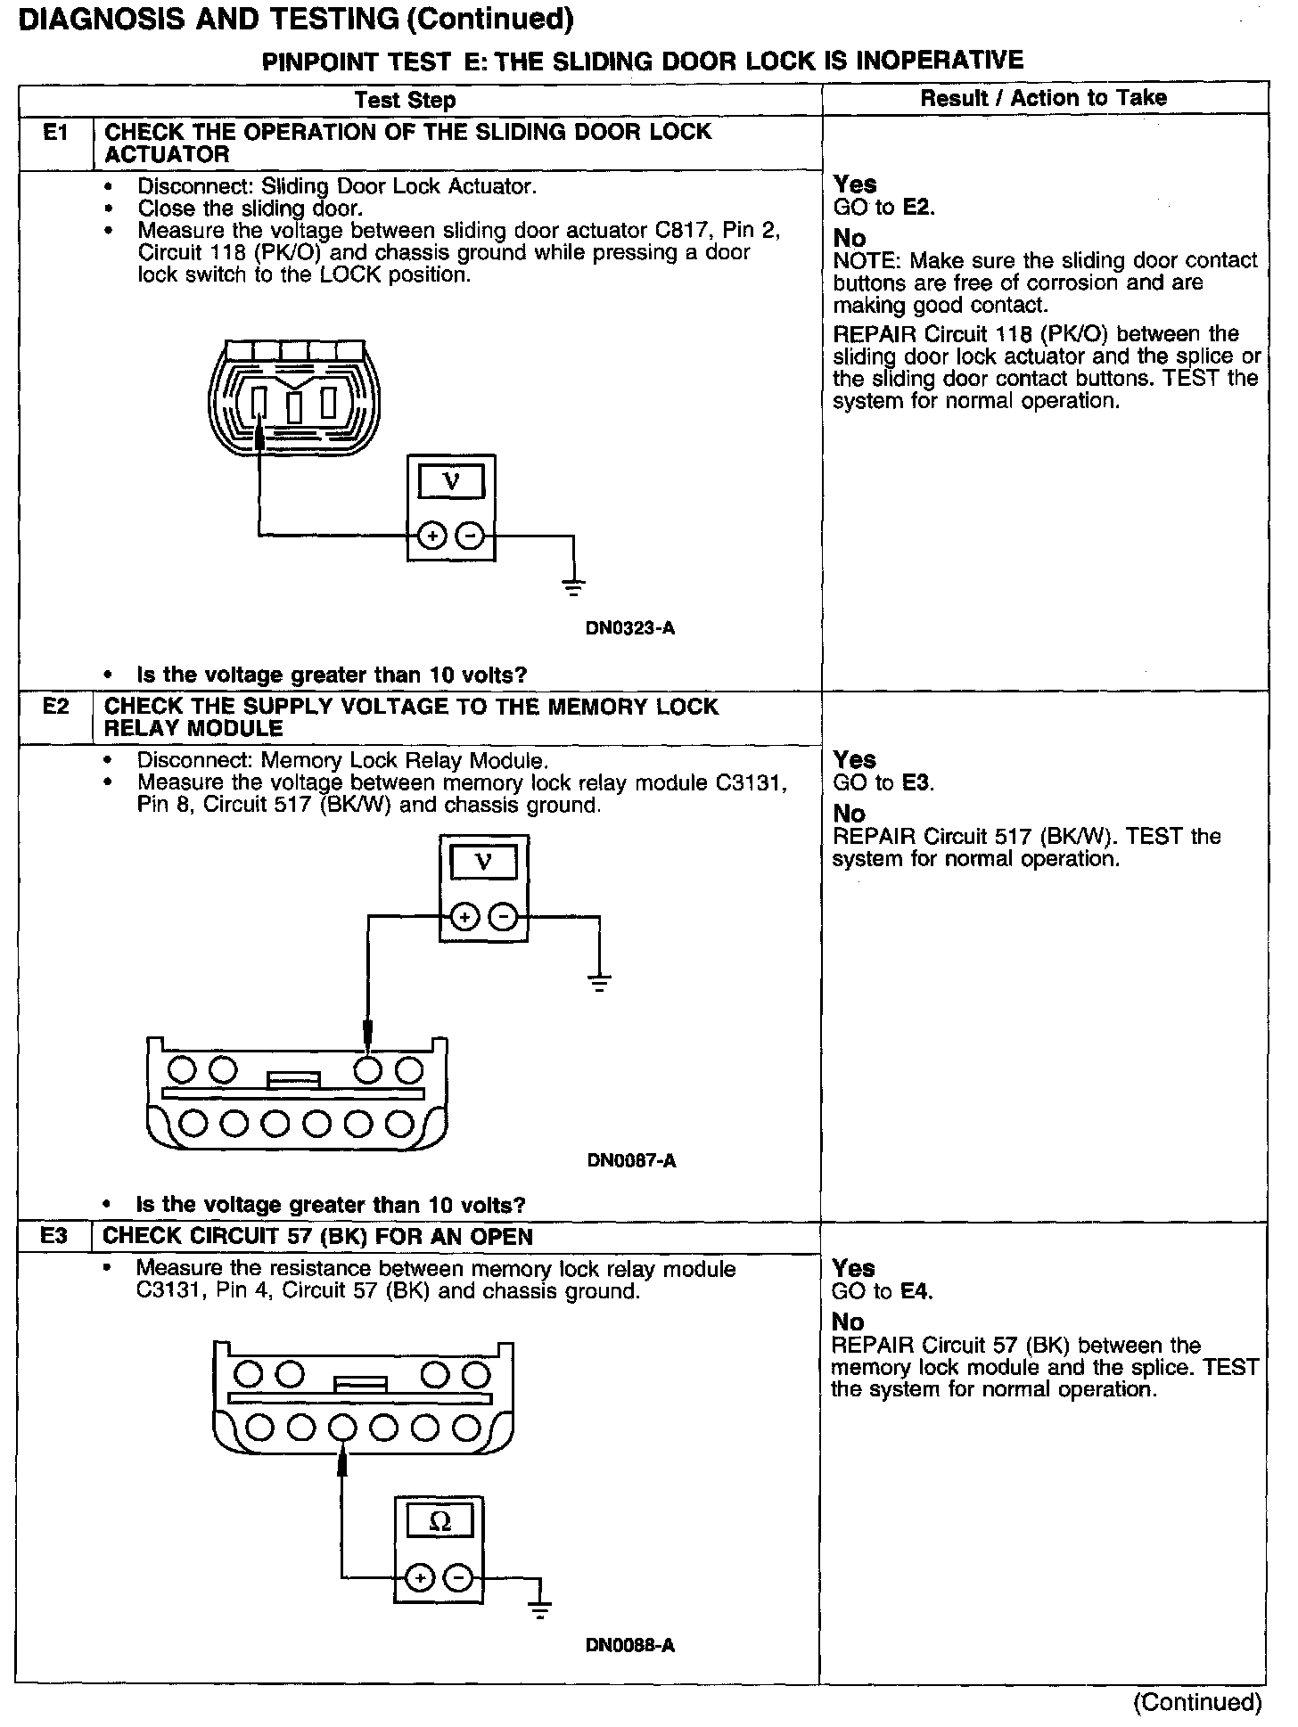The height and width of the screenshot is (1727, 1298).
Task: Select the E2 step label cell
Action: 55,707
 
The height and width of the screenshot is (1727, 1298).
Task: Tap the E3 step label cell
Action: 53,1236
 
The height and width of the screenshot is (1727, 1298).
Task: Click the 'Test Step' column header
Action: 405,100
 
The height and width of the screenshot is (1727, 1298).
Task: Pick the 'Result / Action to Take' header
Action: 1043,98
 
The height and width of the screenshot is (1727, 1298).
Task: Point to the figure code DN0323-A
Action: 629,628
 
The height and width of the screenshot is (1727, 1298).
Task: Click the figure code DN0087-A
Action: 631,1160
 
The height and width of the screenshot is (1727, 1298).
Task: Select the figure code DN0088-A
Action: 629,1645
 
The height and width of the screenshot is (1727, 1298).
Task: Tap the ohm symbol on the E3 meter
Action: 440,1522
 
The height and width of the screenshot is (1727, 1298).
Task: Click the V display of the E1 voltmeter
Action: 452,482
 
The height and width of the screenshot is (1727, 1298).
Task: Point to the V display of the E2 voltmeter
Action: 484,862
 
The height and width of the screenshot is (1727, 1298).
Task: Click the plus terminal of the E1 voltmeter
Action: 432,536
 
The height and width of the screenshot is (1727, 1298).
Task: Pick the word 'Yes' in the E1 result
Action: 855,184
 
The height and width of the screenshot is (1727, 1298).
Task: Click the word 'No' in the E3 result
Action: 848,1322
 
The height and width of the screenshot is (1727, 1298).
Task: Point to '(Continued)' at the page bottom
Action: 1197,1703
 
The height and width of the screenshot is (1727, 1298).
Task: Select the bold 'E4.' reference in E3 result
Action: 916,1291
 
